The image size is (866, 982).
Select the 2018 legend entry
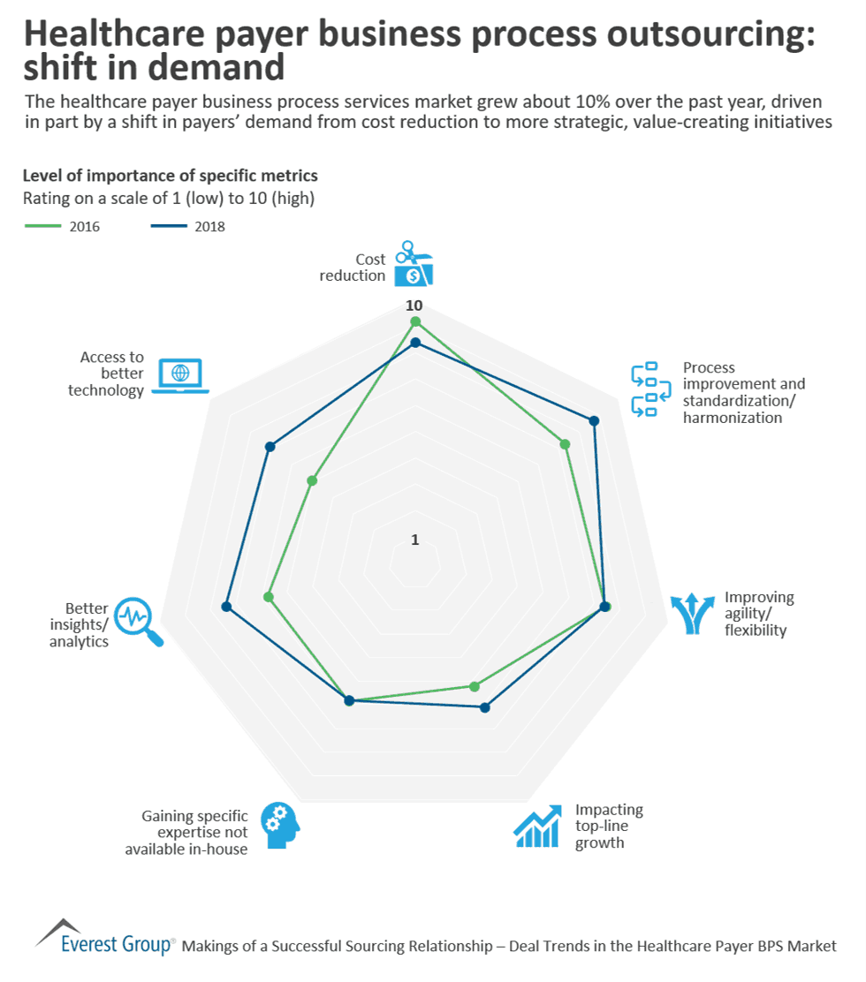186,227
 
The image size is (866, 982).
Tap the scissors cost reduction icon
414,263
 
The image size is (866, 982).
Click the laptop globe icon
180,375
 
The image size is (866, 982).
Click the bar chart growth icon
537,827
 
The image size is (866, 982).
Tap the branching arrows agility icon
692,613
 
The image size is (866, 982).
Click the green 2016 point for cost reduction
415,322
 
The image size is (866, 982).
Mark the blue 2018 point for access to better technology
270,447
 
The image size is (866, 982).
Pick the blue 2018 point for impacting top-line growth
484,707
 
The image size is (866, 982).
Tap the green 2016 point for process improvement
566,444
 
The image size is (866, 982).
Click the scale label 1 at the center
414,540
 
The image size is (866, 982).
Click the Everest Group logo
105,940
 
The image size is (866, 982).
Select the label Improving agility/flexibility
758,614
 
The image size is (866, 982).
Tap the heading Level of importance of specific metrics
170,176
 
